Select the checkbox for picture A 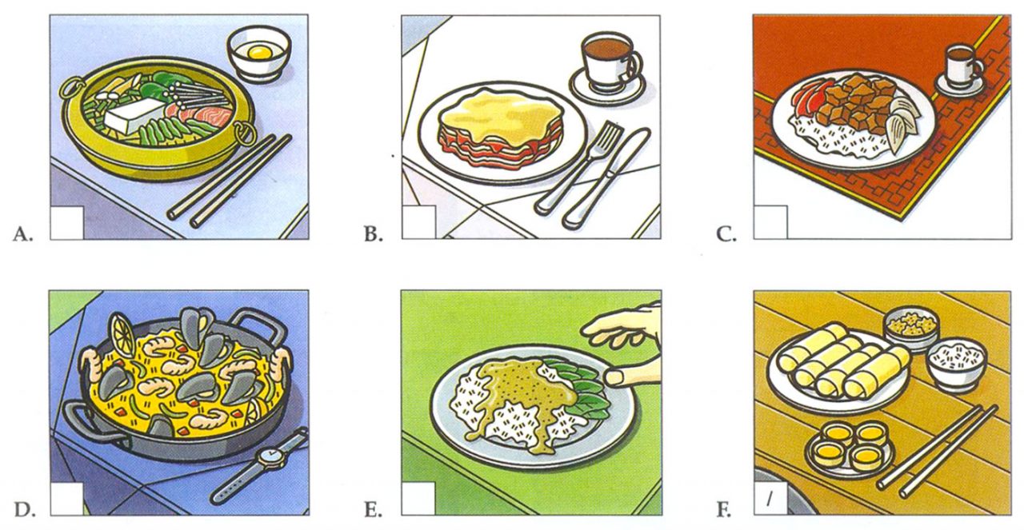[66, 223]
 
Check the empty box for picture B [418, 223]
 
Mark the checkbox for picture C [770, 223]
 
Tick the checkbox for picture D [66, 499]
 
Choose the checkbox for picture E [418, 499]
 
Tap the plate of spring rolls [840, 368]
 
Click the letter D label [24, 508]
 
